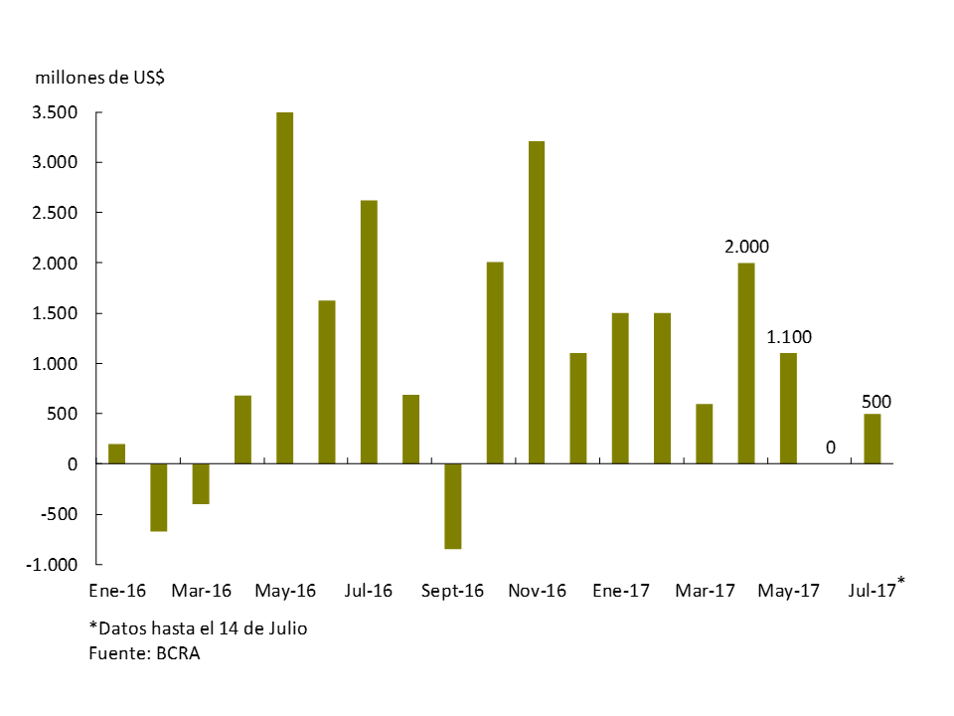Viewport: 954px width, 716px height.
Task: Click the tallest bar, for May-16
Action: [284, 288]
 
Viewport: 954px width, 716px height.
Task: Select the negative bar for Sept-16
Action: [452, 506]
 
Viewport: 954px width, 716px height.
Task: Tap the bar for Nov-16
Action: [537, 302]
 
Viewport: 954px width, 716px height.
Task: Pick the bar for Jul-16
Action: [369, 332]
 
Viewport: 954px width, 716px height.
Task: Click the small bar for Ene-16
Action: [116, 454]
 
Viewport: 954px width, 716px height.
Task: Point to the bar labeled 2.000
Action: [746, 363]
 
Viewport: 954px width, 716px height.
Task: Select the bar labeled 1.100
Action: [788, 409]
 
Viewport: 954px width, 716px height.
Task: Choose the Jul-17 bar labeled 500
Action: [873, 439]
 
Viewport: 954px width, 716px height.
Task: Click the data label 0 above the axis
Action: [831, 448]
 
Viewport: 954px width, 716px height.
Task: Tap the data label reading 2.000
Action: [747, 247]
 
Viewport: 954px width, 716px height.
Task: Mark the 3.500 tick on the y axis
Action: [56, 112]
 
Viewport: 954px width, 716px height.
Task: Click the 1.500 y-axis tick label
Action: [56, 313]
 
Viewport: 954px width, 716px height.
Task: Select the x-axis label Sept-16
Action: [452, 591]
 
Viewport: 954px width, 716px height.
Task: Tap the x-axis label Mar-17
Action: [705, 591]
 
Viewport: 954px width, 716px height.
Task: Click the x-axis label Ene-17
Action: [620, 591]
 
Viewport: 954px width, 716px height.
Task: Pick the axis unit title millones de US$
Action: [99, 78]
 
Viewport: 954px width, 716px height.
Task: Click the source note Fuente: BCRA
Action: [144, 653]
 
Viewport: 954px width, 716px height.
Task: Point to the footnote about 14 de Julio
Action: [198, 628]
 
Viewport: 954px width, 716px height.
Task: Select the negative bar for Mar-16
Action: [201, 484]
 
